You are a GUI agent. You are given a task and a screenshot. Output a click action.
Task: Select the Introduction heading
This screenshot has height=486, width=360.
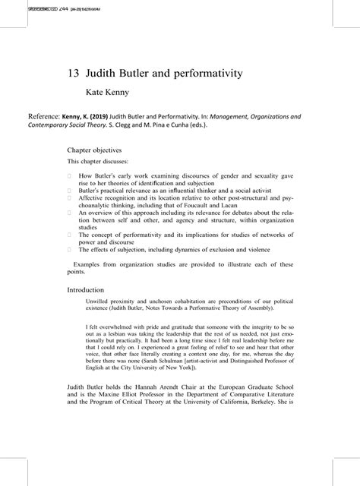pos(87,290)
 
